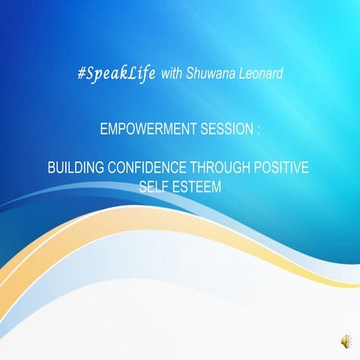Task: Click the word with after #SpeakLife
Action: [172, 76]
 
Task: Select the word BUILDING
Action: [75, 168]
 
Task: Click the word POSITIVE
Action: [283, 168]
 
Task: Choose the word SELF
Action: [154, 184]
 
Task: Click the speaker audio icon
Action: [345, 342]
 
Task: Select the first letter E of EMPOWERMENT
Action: [103, 130]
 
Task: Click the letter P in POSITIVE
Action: [259, 168]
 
